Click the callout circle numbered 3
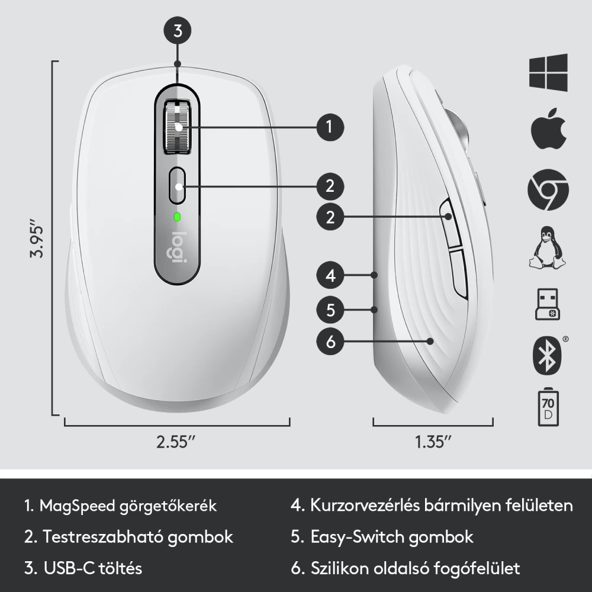pos(178,31)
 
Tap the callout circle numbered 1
pos(330,127)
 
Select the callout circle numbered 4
pos(330,275)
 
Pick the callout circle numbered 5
pos(330,310)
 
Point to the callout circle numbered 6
pos(330,342)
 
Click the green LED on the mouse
pos(176,217)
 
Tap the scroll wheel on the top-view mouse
pos(177,127)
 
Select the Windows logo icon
pos(548,72)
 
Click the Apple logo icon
pos(549,128)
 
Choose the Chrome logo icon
pos(548,189)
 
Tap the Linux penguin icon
pos(547,247)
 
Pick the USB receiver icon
pos(548,305)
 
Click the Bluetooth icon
pos(548,355)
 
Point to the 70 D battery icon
pos(548,408)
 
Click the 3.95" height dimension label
pos(37,242)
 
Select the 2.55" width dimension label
pos(176,442)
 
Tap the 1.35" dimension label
pos(433,442)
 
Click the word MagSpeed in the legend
pos(78,506)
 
